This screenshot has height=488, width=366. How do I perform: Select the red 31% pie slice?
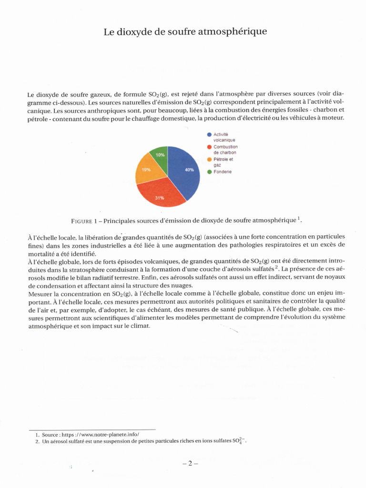click(x=160, y=193)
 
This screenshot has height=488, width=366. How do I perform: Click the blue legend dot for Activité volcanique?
click(x=209, y=135)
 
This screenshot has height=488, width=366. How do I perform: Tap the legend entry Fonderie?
click(x=222, y=172)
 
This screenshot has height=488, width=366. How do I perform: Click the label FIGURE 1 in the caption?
click(x=85, y=221)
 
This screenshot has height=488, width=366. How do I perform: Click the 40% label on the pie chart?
click(x=189, y=170)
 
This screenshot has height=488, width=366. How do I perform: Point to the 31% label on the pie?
click(x=159, y=198)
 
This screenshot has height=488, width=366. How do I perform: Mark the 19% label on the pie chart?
click(x=145, y=170)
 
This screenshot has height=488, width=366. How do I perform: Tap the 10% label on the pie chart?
click(x=161, y=155)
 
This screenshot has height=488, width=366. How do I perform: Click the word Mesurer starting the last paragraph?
click(x=41, y=293)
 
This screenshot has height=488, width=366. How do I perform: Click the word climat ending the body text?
click(x=140, y=326)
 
